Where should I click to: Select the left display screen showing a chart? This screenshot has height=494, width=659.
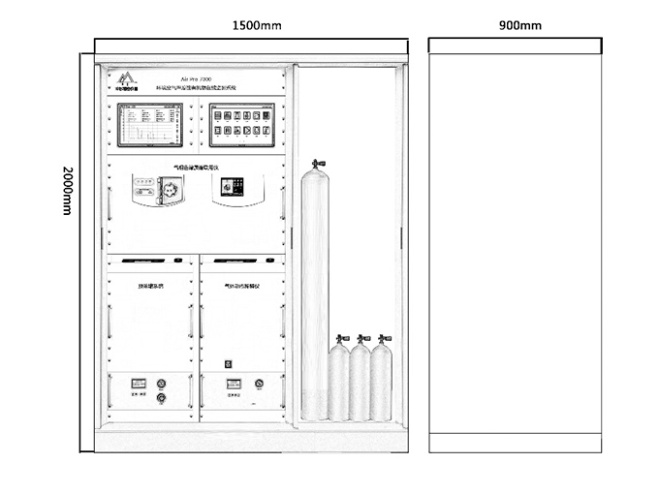(x=150, y=124)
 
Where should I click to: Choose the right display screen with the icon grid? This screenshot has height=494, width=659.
(x=241, y=124)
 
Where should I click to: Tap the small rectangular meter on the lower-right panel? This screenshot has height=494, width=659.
(x=233, y=384)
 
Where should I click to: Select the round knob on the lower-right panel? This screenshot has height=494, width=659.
(x=259, y=383)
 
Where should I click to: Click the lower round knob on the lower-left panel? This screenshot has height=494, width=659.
(x=161, y=397)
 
